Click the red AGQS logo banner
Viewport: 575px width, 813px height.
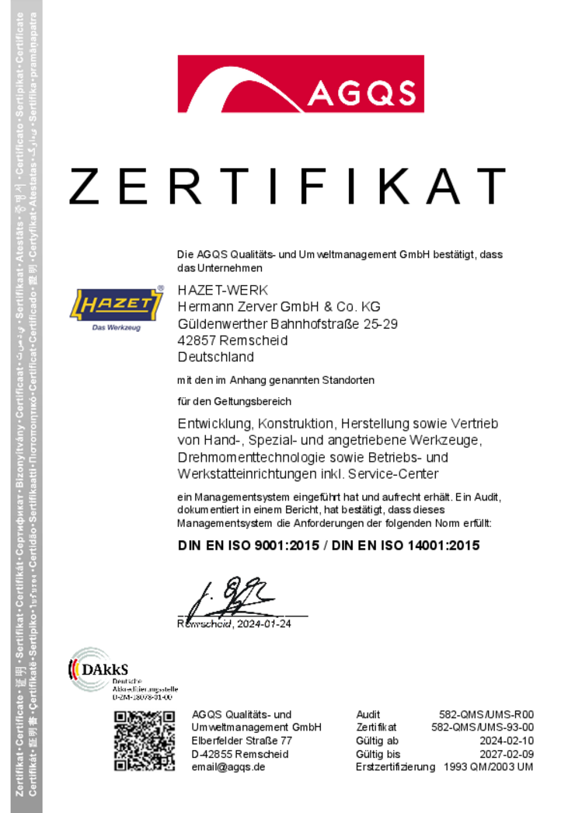tap(300, 84)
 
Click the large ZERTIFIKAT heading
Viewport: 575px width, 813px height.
tap(287, 187)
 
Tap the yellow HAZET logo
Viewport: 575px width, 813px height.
tap(117, 305)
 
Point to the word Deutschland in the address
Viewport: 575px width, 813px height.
tap(216, 358)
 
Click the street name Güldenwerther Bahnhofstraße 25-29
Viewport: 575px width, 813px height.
tap(287, 324)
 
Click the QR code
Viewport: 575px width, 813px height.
tap(144, 741)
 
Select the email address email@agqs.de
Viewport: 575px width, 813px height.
tap(228, 767)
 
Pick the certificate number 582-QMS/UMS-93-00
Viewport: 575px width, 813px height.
tap(483, 728)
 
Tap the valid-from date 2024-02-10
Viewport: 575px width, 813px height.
tap(507, 741)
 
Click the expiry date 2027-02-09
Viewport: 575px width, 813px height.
tap(507, 754)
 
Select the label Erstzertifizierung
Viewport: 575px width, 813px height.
tap(395, 767)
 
